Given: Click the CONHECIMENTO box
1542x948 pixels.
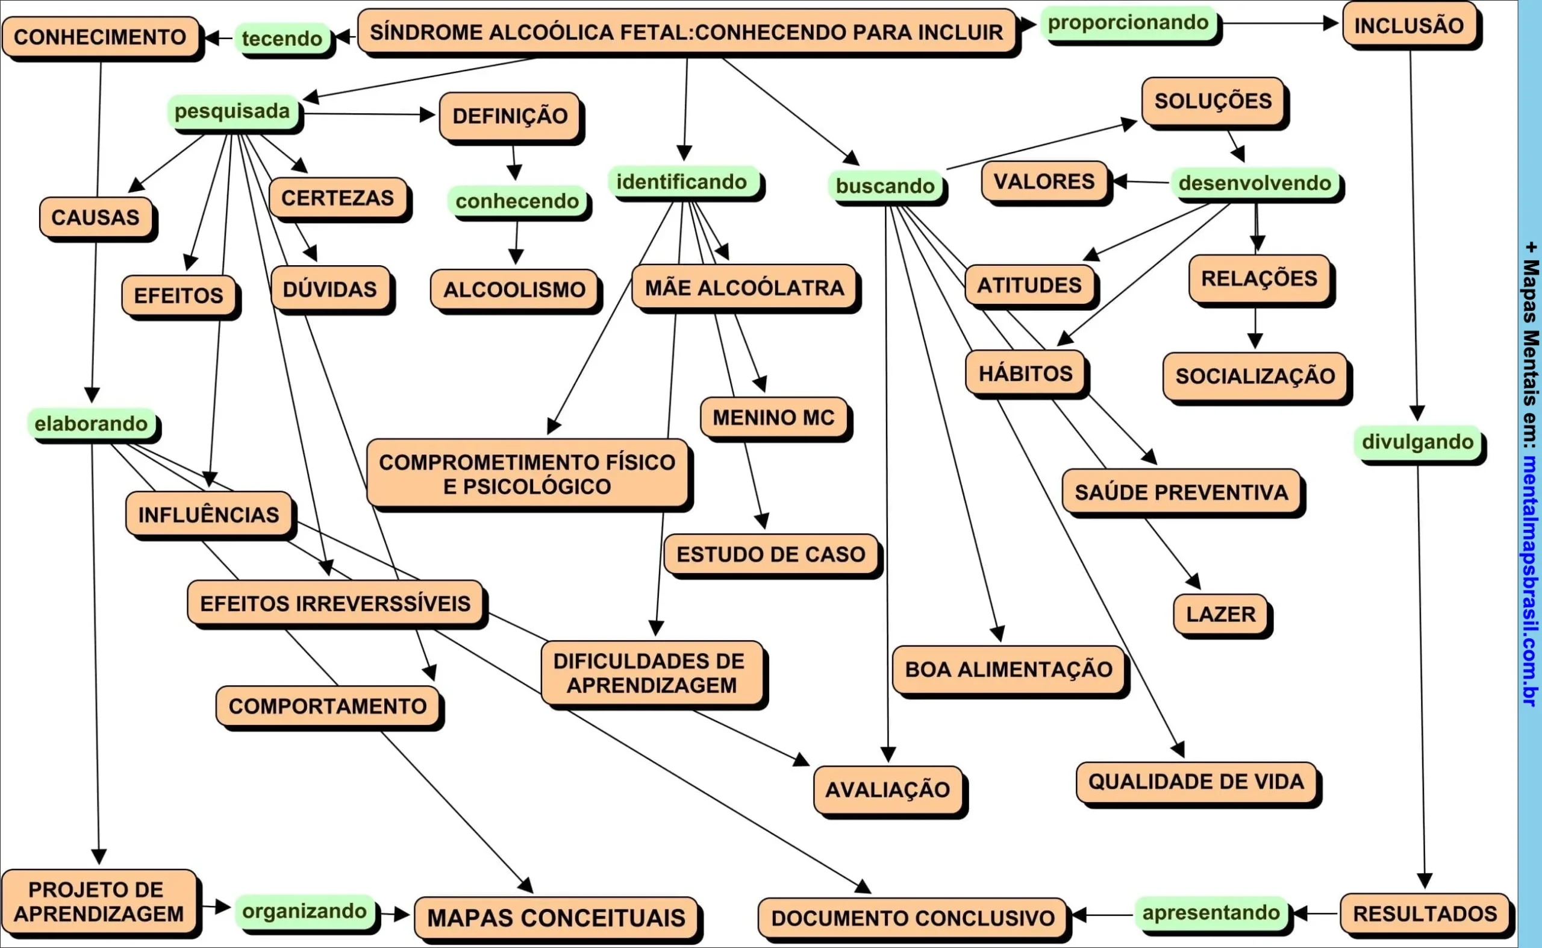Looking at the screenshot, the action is click(100, 37).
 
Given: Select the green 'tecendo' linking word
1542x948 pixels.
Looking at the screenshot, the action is click(282, 38).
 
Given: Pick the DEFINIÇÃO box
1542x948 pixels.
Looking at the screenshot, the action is click(510, 116).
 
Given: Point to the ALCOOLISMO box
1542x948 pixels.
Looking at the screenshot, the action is click(514, 290).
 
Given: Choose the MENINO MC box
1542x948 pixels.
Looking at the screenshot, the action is click(773, 417).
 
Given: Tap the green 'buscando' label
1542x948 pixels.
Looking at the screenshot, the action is click(885, 186).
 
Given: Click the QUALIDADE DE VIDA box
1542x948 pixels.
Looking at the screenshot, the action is click(1196, 782).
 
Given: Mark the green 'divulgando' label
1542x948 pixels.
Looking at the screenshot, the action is click(1417, 441).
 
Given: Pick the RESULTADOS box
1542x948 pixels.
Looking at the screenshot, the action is click(1425, 914).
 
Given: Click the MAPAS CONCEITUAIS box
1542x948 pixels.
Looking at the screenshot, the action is click(556, 918).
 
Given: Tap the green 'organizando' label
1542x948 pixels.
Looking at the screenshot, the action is click(305, 911).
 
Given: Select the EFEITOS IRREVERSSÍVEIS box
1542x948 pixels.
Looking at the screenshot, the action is click(336, 603).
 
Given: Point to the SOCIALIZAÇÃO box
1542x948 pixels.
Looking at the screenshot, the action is click(1255, 376).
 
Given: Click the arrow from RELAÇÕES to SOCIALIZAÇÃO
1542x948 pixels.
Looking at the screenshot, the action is click(1255, 328).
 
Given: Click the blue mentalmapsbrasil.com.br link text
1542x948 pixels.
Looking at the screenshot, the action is click(1530, 580).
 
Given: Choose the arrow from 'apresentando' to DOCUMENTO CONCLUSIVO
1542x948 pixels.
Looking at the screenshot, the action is click(1103, 915).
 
